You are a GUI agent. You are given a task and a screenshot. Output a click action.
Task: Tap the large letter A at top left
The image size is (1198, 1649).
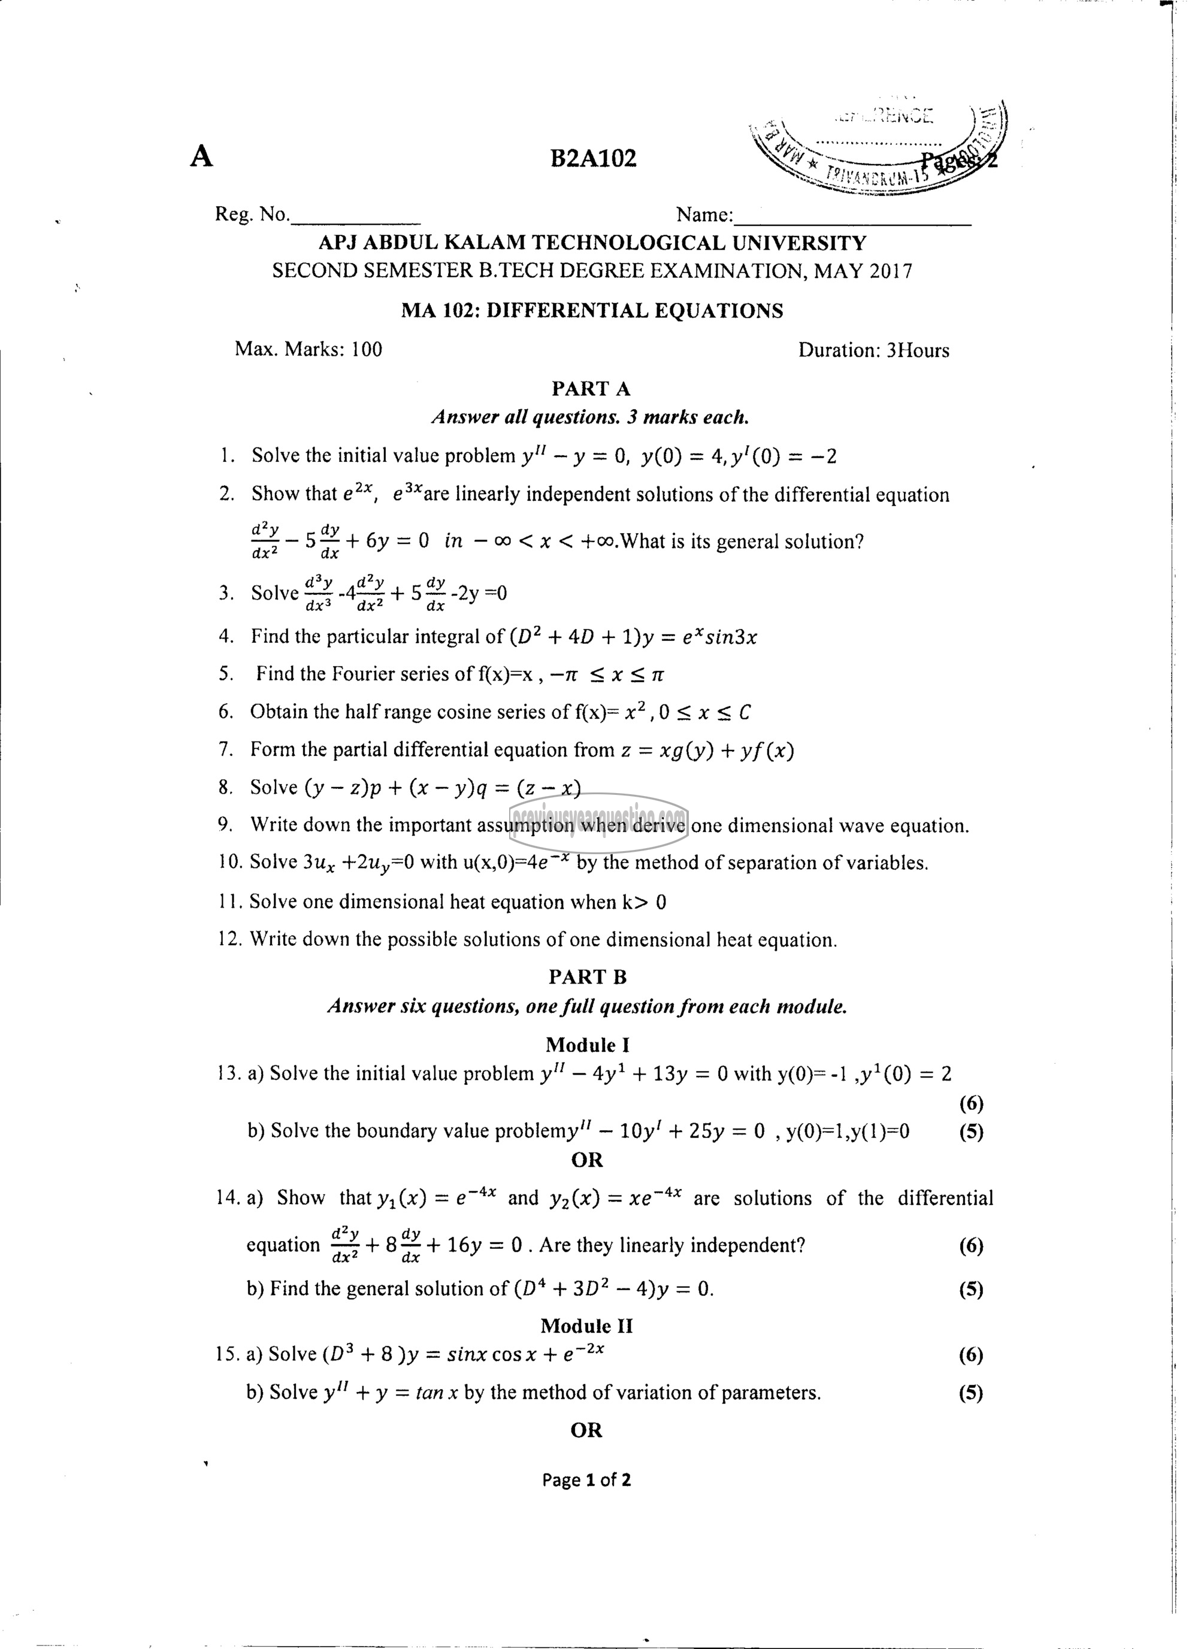[x=201, y=156]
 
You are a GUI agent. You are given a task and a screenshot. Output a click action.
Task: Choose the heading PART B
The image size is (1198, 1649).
[x=588, y=977]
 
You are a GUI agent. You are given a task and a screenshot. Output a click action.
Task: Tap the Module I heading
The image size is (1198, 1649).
[x=588, y=1045]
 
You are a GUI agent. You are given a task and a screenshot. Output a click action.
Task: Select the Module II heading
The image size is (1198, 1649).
[x=586, y=1326]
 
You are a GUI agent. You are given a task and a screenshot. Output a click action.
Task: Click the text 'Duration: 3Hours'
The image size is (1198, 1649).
[x=873, y=350]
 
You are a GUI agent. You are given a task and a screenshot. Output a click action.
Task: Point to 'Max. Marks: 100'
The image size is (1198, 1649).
[x=308, y=350]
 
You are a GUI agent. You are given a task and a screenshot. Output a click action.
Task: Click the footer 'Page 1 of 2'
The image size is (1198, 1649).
[x=586, y=1479]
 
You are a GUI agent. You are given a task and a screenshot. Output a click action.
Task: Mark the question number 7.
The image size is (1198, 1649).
[x=225, y=749]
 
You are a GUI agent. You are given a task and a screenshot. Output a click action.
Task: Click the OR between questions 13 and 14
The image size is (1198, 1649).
[x=586, y=1160]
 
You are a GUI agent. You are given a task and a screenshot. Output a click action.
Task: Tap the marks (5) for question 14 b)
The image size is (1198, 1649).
[x=971, y=1289]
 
